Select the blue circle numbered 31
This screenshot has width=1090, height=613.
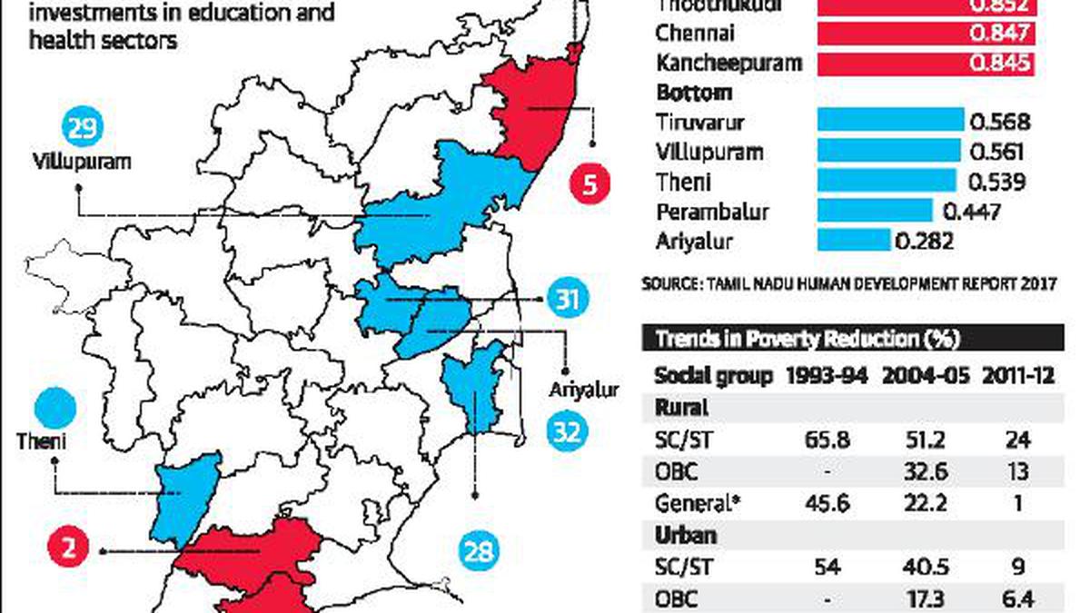point(568,298)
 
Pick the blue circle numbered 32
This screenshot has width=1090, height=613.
point(568,430)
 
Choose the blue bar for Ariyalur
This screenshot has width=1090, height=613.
point(854,241)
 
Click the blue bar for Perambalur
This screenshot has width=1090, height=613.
point(875,211)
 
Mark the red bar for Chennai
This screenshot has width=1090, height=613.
point(926,34)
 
